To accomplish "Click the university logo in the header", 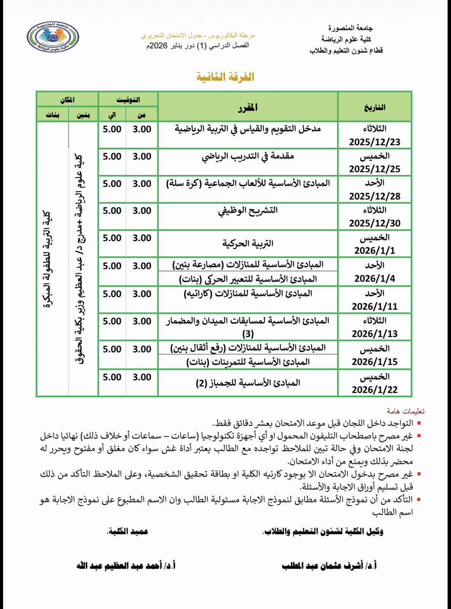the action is point(53,37).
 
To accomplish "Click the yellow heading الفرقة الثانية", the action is point(225,77).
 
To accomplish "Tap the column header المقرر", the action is point(248,108).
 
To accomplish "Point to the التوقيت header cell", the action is point(128,100).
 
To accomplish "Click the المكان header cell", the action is point(67,100).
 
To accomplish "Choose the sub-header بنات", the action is point(53,115).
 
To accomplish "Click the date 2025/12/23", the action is point(374,142).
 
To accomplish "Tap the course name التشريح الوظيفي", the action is point(248,210).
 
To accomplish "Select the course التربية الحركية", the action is point(248,243).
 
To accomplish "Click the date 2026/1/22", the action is point(374,390).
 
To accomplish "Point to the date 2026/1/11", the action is point(374,306).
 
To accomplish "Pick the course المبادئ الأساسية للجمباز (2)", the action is point(248,383).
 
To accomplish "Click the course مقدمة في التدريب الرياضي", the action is point(248,156).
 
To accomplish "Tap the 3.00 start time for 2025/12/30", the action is point(142,211).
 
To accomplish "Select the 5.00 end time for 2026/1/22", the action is point(112,377).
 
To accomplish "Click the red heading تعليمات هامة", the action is point(405,411).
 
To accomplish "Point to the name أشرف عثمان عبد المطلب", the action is point(329,566).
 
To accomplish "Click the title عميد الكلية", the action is point(128,531).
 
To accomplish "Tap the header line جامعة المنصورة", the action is point(350,28).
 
